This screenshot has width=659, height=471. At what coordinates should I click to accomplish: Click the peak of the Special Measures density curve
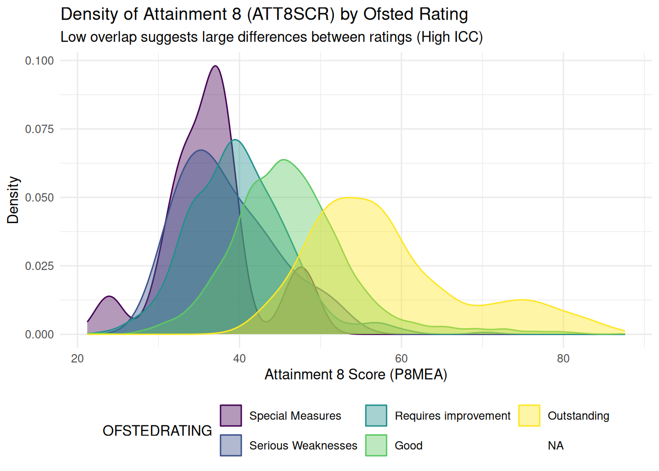click(x=215, y=66)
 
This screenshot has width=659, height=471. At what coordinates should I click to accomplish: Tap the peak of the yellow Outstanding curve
click(x=350, y=198)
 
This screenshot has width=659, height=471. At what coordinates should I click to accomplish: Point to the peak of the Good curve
click(x=283, y=160)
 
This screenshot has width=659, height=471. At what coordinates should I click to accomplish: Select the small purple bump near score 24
click(x=109, y=297)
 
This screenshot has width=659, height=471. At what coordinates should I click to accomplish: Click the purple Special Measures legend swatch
click(x=231, y=416)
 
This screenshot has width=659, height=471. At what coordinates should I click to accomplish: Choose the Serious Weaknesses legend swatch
click(x=231, y=445)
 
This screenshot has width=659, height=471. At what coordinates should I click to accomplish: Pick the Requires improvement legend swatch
click(x=376, y=416)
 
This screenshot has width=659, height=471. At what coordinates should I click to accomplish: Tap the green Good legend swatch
click(x=376, y=445)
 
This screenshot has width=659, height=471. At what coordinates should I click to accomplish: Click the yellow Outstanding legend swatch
click(x=529, y=416)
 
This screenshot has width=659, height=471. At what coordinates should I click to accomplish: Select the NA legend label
click(x=556, y=445)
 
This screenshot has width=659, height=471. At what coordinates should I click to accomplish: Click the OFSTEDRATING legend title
click(x=157, y=431)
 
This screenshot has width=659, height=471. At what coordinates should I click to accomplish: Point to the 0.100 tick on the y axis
click(x=40, y=61)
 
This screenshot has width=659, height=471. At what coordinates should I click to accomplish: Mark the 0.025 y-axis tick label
click(x=40, y=266)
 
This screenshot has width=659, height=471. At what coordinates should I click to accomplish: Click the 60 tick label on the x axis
click(x=401, y=359)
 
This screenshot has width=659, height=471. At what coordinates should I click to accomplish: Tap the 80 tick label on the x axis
click(x=563, y=359)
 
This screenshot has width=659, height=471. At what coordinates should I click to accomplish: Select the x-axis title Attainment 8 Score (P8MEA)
click(x=356, y=375)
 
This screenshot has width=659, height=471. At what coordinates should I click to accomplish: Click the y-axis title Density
click(x=13, y=200)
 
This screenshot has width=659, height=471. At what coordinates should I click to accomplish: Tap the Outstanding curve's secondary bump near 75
click(x=522, y=300)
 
